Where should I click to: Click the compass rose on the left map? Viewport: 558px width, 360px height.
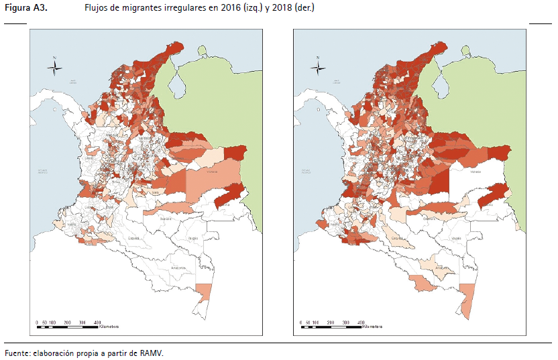(x=56, y=66)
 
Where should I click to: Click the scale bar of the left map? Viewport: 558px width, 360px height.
(x=67, y=327)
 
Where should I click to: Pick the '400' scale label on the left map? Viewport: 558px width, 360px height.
(x=99, y=322)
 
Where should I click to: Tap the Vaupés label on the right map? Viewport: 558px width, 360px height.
(x=455, y=237)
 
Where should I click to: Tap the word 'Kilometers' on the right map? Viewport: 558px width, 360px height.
(x=372, y=328)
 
